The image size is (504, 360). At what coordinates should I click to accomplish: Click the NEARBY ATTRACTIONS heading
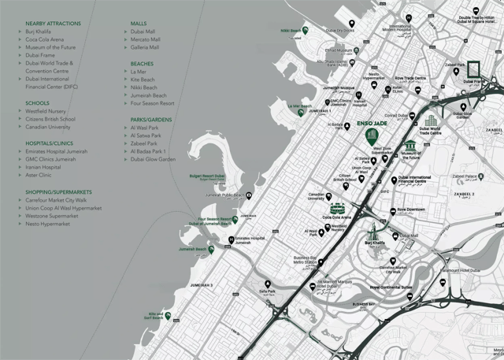coord(53,24)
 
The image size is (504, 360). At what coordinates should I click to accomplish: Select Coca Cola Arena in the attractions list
coord(44,39)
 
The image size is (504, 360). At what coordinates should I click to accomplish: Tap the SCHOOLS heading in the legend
coord(37,103)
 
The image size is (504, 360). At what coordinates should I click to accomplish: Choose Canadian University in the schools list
coord(48,127)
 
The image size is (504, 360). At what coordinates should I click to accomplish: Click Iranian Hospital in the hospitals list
coord(43,167)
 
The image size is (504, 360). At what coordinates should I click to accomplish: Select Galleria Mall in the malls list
coord(145,47)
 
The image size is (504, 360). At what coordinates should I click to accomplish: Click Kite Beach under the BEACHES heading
coord(143,80)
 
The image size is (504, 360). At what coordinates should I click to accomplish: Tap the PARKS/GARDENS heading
coord(150,119)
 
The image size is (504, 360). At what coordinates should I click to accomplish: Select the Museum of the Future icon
coord(411,147)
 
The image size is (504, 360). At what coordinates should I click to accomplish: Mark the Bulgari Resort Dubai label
coord(207,177)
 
